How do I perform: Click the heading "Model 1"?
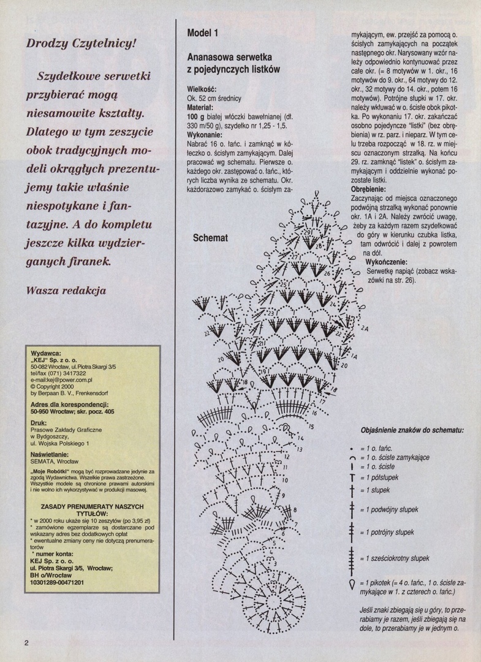202,32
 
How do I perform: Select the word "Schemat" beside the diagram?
211,238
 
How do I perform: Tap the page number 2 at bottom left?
27,643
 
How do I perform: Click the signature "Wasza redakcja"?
66,290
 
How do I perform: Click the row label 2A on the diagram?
365,329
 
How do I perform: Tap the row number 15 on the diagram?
311,427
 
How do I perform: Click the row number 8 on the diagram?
295,510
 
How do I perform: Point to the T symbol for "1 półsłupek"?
352,477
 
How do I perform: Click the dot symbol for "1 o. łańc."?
352,448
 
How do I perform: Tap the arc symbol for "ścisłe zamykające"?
352,458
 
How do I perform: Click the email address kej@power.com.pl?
60,381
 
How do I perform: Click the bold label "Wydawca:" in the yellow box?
46,354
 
